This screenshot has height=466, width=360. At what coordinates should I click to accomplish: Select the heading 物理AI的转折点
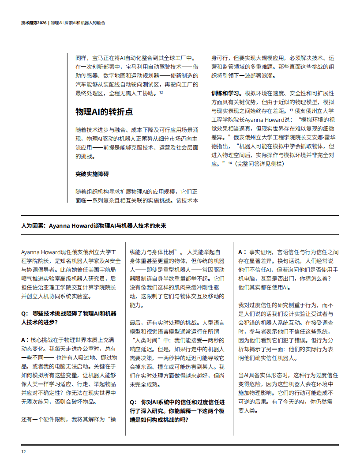(x=104, y=112)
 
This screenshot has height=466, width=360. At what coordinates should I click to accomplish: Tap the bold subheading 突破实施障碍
(x=92, y=174)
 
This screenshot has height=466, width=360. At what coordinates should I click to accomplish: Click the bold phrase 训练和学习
(x=226, y=94)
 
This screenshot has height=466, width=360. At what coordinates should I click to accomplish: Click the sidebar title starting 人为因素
(x=94, y=225)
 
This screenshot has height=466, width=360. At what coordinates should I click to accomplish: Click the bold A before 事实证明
(x=241, y=252)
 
